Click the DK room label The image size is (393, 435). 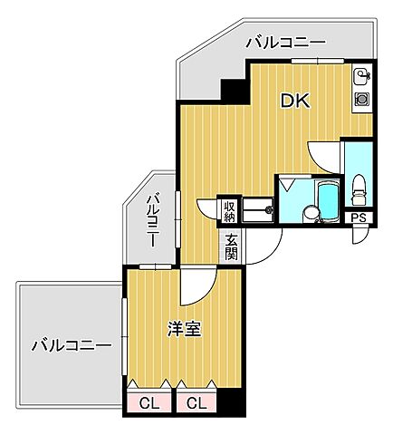point(294,101)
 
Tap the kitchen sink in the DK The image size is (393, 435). point(360,75)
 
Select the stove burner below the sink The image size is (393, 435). point(360,96)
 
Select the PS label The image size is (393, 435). point(359,217)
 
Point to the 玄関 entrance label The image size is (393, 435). point(231,246)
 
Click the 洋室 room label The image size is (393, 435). point(184,329)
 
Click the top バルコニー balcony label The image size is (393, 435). point(285,42)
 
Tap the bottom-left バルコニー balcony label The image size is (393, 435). point(71,345)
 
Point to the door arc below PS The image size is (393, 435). point(359,236)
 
